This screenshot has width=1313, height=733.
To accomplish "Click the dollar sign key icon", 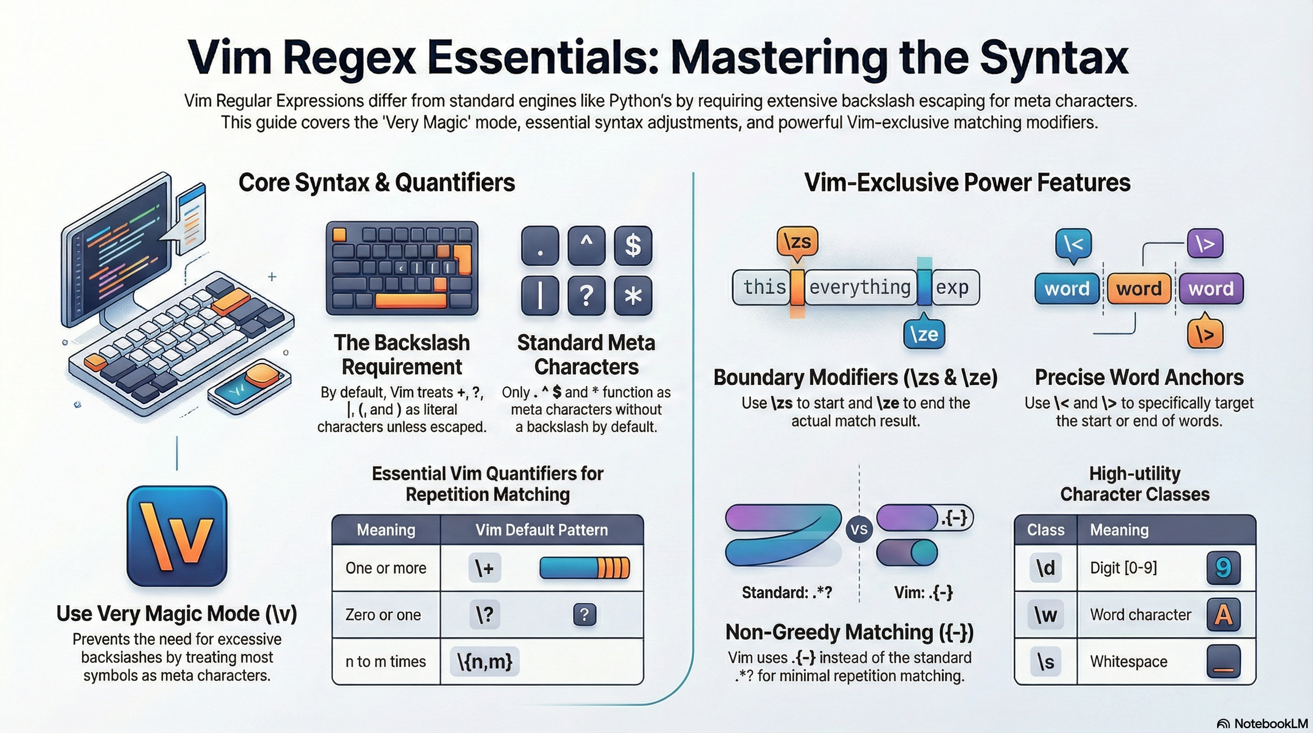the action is click(633, 246).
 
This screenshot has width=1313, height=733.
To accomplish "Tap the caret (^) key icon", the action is click(586, 246).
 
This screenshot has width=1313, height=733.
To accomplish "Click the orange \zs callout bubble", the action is click(797, 241).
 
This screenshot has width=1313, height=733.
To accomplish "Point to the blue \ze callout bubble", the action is click(924, 335).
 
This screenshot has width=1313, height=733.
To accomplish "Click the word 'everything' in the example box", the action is click(860, 287).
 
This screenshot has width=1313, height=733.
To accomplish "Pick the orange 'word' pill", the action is click(1139, 289).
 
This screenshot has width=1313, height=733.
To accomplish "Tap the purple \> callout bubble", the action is click(1205, 244).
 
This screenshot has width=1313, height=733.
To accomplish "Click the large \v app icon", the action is click(177, 536).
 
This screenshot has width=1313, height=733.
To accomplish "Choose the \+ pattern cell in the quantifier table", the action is click(484, 568).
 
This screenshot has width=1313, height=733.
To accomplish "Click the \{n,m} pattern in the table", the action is click(485, 661).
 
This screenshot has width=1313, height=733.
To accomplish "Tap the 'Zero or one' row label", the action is click(383, 615).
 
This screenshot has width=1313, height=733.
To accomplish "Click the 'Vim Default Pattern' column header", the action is click(542, 530).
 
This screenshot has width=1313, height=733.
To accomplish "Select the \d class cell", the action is click(1045, 568).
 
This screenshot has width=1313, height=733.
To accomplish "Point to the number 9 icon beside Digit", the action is click(1223, 568).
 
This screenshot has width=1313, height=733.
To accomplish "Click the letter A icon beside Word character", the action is click(1223, 615).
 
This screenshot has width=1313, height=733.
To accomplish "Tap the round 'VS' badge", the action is click(859, 530).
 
